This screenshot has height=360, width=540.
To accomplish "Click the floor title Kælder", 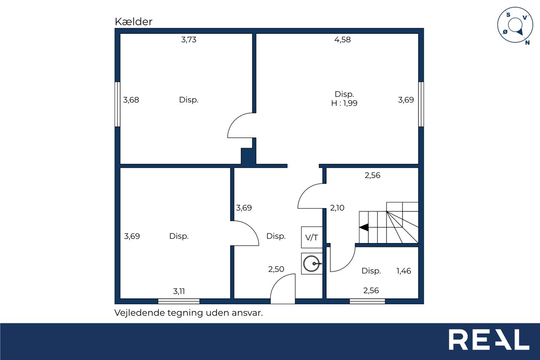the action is tap(133, 22).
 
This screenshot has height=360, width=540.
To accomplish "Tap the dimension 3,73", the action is tap(189, 40).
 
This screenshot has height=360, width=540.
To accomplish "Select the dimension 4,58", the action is tap(342, 40).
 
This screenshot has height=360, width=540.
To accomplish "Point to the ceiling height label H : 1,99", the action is tap(344, 103).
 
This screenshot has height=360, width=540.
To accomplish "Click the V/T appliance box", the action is tap(312, 237).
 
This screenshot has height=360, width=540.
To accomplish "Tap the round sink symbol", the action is tap(311, 263).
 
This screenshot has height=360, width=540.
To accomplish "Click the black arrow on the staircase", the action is tap(364, 227).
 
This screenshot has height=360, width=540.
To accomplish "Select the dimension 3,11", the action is tap(179, 291).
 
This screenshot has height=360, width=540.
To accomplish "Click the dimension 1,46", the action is tap(404, 271).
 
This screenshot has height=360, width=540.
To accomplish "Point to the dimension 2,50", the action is tap(276, 269).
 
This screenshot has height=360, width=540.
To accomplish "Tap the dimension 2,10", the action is tap(337, 208).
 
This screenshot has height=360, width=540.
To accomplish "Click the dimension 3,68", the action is tap(131, 100).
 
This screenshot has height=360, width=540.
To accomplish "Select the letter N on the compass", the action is tap(527, 43).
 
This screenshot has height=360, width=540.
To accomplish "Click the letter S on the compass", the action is tap(508, 15).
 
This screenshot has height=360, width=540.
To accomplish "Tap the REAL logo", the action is tap(489, 339).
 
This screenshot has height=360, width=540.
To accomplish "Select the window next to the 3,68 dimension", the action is tap(117, 104).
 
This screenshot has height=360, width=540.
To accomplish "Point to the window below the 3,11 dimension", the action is tap(179, 301).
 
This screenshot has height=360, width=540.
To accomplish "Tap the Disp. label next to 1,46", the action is tap(371, 271).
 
